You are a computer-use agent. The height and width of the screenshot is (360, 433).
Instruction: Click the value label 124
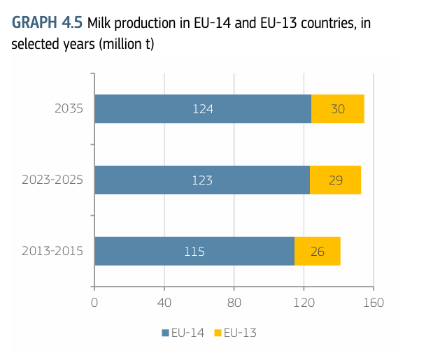(x=202, y=109)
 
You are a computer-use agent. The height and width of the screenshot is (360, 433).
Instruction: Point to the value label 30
(x=338, y=109)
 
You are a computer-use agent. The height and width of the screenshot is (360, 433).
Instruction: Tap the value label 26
(x=317, y=252)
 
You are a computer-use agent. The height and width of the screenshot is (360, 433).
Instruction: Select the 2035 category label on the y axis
(x=69, y=109)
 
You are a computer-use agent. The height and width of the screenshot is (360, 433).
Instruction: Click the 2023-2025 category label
(x=52, y=180)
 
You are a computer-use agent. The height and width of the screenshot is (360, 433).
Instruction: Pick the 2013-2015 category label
(x=52, y=252)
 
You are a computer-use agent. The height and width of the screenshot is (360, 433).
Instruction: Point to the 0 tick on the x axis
(x=94, y=303)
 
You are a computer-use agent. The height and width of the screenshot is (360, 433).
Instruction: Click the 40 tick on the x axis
(x=164, y=303)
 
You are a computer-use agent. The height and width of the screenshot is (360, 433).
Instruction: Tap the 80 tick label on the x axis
(x=234, y=303)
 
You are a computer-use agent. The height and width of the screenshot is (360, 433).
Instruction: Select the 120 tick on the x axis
(x=304, y=303)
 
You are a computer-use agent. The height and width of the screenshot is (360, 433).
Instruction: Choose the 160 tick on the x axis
(x=374, y=303)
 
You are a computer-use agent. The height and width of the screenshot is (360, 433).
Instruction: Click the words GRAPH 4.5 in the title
(x=47, y=23)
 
